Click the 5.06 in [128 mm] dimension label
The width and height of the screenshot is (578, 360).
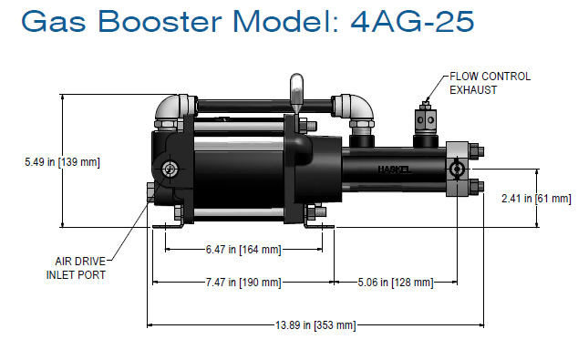[x=395, y=283]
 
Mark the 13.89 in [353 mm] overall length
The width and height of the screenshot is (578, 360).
[x=317, y=324]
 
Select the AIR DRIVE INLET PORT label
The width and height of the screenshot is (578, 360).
[x=79, y=266]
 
